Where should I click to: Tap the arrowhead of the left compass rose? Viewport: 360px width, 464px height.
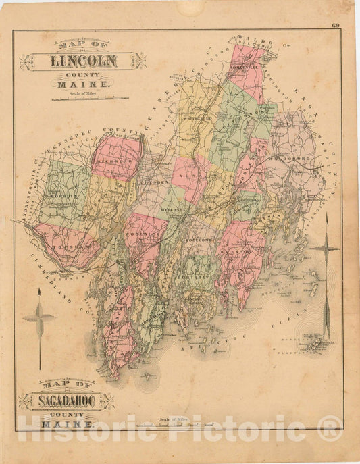38,292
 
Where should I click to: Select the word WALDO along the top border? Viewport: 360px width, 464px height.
260,42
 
